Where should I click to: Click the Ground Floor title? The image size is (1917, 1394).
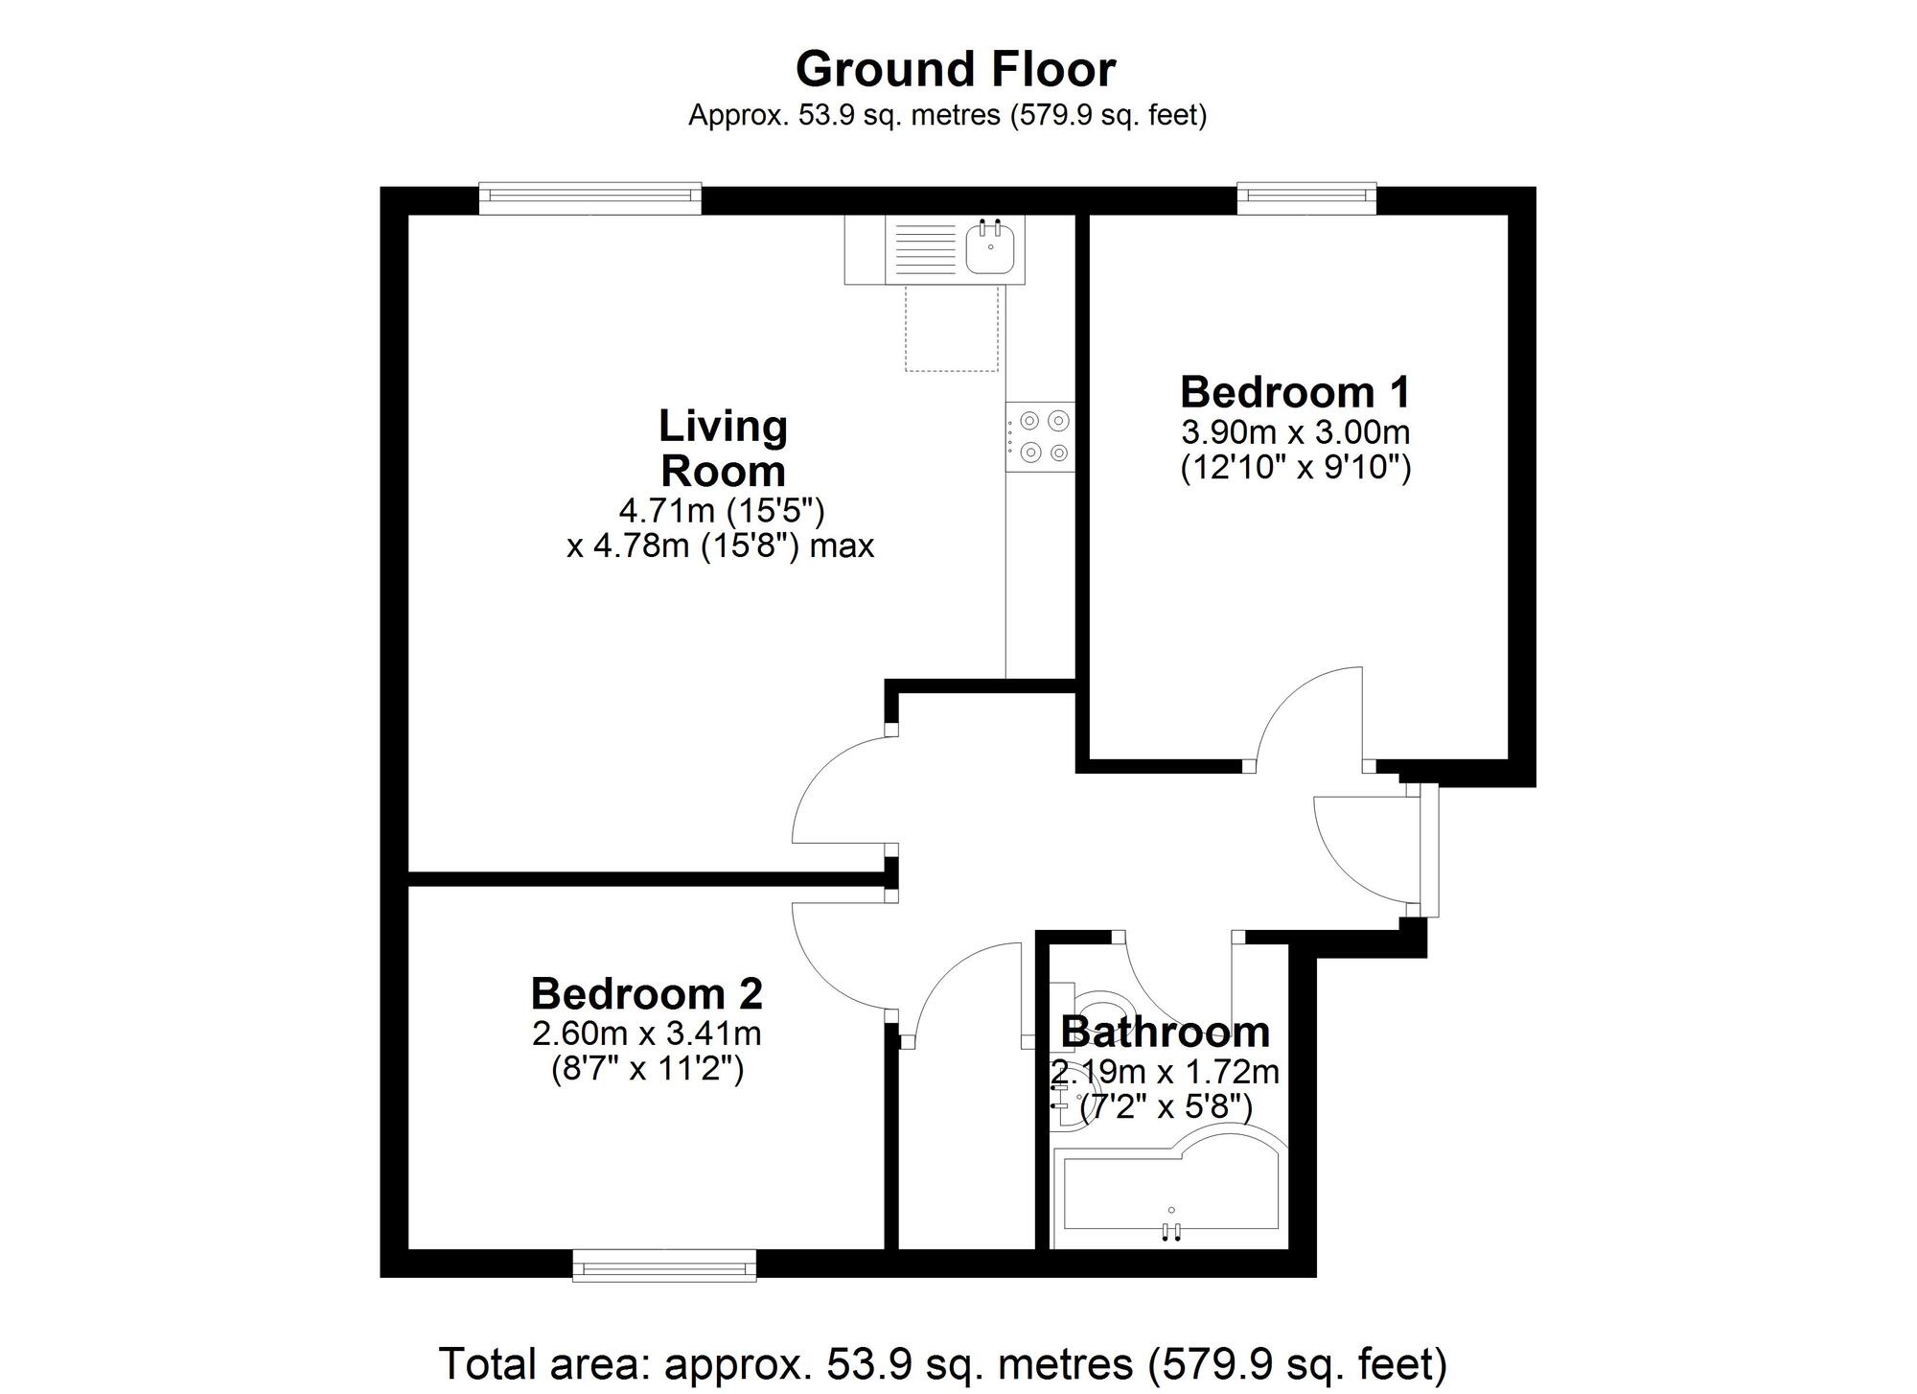[956, 70]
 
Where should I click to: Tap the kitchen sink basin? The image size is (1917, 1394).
[990, 248]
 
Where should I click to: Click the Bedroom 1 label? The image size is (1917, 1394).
[1295, 392]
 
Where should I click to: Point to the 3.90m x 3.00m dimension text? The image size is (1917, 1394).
[1295, 432]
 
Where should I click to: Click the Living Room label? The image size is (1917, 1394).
[723, 448]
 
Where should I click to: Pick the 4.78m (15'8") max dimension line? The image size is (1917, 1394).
[720, 546]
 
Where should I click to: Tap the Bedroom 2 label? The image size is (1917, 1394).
[646, 993]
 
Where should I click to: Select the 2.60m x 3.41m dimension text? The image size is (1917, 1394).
[646, 1034]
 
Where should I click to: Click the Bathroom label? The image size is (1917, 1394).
[1165, 1032]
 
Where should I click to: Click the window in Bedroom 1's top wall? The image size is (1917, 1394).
[1306, 197]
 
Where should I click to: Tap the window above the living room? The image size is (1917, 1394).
[589, 197]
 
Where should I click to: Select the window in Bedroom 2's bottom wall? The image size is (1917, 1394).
[664, 1266]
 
